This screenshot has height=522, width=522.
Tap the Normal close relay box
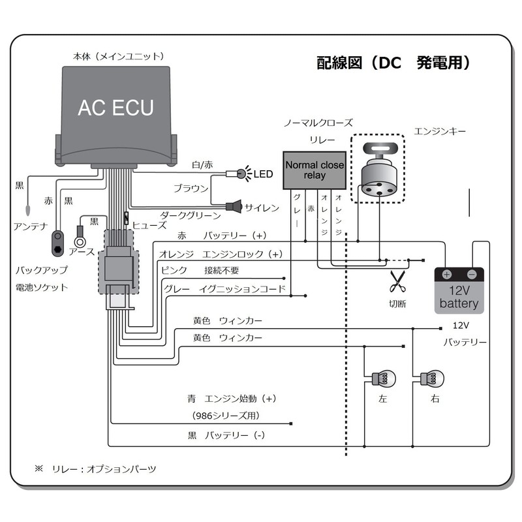point(315,170)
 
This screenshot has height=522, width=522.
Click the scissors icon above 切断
point(397,281)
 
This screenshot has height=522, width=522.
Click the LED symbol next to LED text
point(240,174)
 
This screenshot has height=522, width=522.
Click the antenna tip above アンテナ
point(27,211)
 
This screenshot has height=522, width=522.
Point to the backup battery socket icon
point(58,241)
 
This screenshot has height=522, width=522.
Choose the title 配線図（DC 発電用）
point(393,63)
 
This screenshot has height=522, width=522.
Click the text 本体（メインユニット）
point(118,57)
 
